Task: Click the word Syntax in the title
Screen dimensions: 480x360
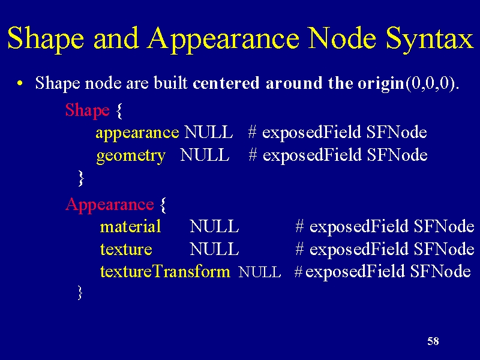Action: pyautogui.click(x=430, y=38)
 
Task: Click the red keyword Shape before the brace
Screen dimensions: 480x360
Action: pyautogui.click(x=87, y=111)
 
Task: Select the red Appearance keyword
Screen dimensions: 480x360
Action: pyautogui.click(x=110, y=205)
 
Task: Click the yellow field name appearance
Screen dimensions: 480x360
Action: pyautogui.click(x=137, y=133)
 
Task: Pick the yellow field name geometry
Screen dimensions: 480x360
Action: pyautogui.click(x=131, y=156)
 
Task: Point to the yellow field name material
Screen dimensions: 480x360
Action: pyautogui.click(x=130, y=227)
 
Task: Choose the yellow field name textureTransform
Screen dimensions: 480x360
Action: pyautogui.click(x=165, y=271)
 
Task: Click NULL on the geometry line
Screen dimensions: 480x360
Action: pyautogui.click(x=205, y=155)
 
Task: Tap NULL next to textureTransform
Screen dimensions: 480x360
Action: pyautogui.click(x=260, y=272)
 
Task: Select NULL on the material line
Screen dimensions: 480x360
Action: pyautogui.click(x=214, y=227)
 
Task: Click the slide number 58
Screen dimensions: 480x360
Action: pyautogui.click(x=433, y=341)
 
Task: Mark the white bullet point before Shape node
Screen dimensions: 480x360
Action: pyautogui.click(x=20, y=83)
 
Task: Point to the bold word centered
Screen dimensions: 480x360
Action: pyautogui.click(x=226, y=83)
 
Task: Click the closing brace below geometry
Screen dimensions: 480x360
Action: pyautogui.click(x=80, y=178)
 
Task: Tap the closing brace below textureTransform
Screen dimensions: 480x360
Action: pyautogui.click(x=80, y=293)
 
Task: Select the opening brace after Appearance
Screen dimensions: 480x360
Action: pyautogui.click(x=163, y=205)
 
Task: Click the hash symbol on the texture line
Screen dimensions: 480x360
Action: pyautogui.click(x=299, y=249)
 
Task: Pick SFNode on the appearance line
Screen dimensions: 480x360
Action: pyautogui.click(x=397, y=132)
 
